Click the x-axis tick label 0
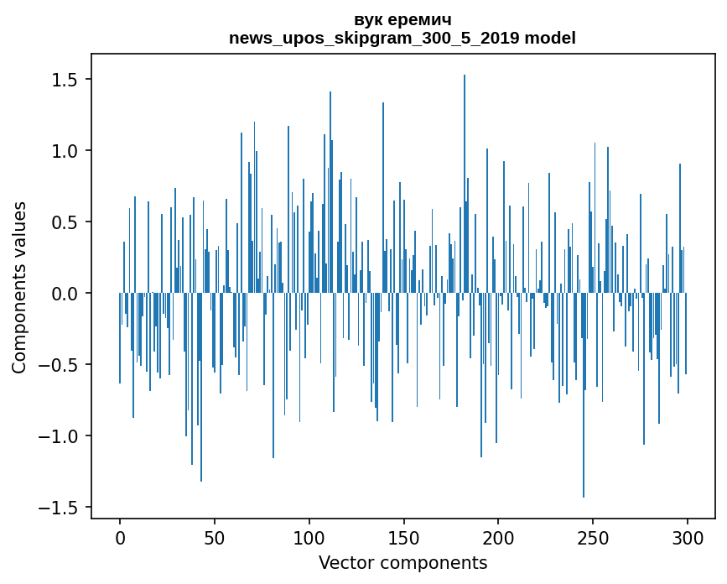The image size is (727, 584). tap(120, 537)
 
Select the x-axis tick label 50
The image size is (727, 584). tap(215, 537)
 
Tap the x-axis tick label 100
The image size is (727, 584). tap(309, 537)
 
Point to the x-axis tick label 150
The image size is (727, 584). tap(404, 537)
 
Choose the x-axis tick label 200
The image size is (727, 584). tap(499, 537)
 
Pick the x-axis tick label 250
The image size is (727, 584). tap(594, 537)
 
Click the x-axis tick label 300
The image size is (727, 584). tap(688, 537)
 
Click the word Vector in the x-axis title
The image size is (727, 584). tap(344, 562)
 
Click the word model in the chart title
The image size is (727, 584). tap(551, 38)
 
